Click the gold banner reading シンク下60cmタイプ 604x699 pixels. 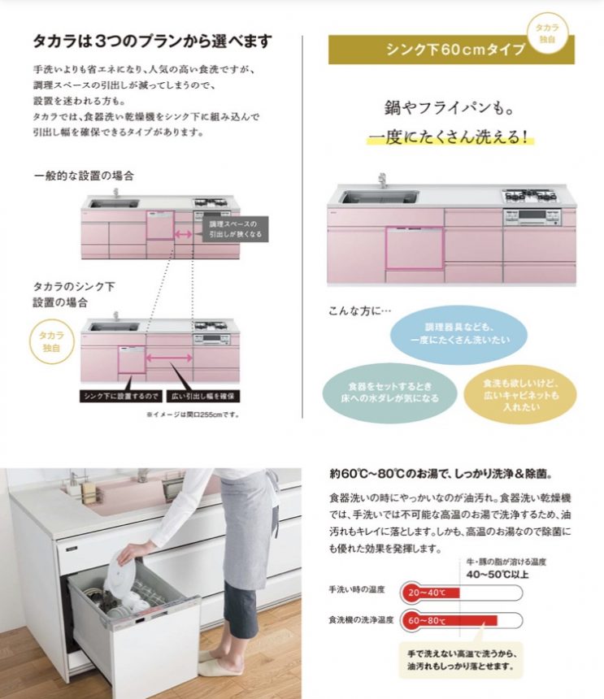point(451,50)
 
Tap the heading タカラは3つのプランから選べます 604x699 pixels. point(153,41)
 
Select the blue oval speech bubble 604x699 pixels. point(458,334)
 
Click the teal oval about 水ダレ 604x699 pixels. point(389,393)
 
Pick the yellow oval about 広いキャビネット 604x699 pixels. point(520,395)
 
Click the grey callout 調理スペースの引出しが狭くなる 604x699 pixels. point(236,229)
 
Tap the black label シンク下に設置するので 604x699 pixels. point(121,396)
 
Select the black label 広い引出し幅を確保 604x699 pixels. point(203,396)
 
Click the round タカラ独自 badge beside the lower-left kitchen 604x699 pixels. point(51,342)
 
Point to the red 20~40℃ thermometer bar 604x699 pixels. point(431,593)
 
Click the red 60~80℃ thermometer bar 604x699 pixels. point(450,620)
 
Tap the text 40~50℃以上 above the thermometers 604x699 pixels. point(497,574)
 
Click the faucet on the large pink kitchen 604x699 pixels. point(381,181)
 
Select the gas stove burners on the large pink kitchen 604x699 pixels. point(529,195)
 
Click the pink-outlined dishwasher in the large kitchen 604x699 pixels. point(415,248)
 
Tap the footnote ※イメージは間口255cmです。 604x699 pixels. point(193,415)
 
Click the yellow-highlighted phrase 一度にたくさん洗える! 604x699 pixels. point(450,137)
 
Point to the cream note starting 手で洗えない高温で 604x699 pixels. point(461,660)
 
